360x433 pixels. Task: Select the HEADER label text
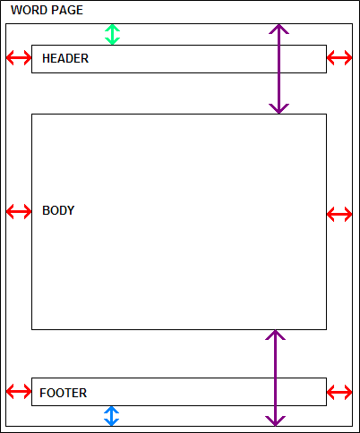(65, 58)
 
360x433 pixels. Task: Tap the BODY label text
(58, 210)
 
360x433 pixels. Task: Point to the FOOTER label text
(64, 393)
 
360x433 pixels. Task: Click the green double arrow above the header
(112, 35)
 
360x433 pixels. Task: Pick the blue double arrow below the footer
(112, 416)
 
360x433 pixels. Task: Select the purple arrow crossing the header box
(279, 69)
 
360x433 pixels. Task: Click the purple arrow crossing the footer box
(275, 378)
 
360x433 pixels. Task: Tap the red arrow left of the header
(19, 57)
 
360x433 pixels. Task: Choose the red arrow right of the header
(339, 57)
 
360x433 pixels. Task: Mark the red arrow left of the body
(19, 211)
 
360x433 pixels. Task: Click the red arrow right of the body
(339, 214)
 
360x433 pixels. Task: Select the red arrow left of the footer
(19, 391)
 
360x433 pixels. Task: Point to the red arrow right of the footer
(339, 392)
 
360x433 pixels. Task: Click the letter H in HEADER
(46, 58)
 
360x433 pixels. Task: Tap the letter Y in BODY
(71, 210)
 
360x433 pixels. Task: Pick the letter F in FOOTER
(43, 393)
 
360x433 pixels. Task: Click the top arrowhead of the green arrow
(112, 28)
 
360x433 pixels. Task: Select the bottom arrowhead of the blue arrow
(112, 422)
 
